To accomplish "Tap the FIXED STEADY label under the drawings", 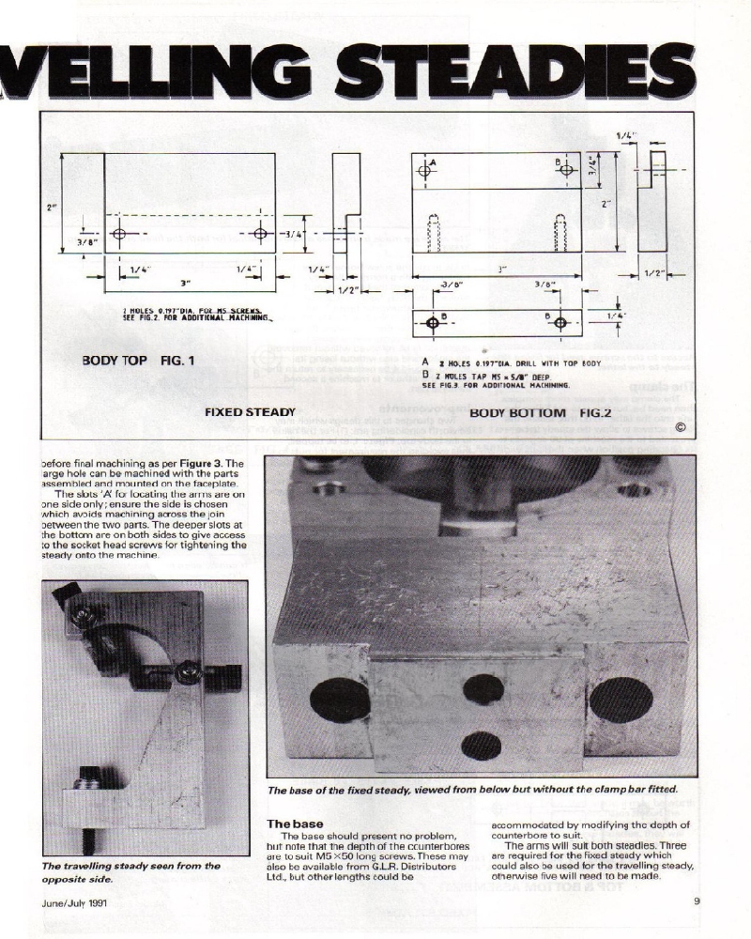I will tap(251, 411).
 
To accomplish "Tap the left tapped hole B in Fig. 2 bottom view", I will tap(433, 323).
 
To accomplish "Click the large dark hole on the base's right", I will tap(621, 699).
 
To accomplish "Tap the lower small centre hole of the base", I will tap(481, 747).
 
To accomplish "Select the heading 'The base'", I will tap(295, 824).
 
